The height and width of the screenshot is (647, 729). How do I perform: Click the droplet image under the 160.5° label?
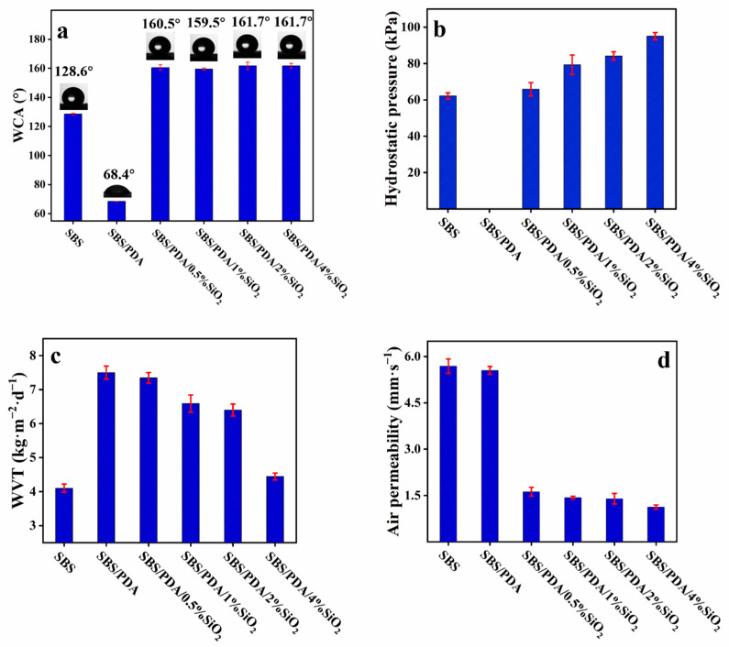pos(160,49)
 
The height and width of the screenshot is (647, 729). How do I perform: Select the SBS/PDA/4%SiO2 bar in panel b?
pos(656,123)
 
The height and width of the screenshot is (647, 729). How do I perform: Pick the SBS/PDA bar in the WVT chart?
pos(106,457)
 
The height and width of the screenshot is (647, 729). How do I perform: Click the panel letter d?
pos(691,361)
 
